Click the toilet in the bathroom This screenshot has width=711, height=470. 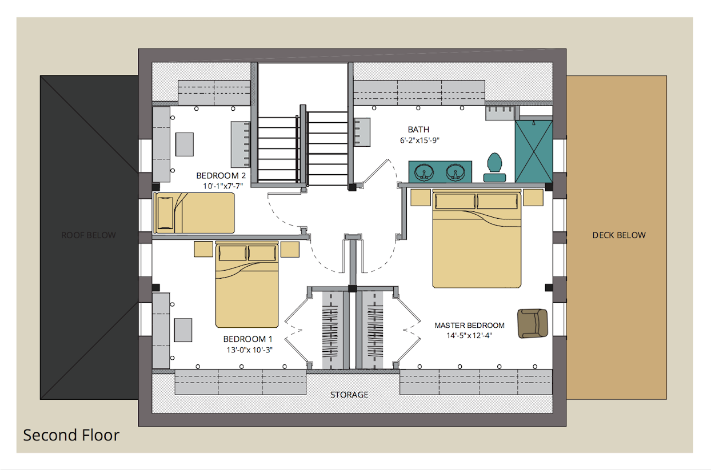point(494,167)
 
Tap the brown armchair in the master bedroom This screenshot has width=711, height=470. point(533,323)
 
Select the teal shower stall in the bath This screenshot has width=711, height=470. point(534,151)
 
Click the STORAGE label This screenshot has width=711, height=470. point(349,395)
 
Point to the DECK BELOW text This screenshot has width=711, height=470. point(619,235)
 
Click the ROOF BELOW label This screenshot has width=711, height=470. point(89,235)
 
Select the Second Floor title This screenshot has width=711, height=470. point(71,435)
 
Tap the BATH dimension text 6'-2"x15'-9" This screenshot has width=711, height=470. point(420,140)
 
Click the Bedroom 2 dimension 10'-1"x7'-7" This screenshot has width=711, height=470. point(223,186)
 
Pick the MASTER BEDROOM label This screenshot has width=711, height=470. point(469,326)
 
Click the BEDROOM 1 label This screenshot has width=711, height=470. point(248,339)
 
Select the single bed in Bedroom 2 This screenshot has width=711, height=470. point(194,213)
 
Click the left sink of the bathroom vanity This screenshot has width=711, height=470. point(424,172)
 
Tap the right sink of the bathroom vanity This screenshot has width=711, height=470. point(455,172)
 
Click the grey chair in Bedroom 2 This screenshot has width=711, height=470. point(185,144)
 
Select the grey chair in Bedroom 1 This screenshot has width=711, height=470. point(183,330)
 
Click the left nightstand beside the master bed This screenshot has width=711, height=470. point(421,197)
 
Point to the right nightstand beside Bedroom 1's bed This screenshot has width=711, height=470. point(290,249)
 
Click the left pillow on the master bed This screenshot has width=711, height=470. point(455,201)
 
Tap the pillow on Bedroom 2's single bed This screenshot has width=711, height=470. point(165,213)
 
